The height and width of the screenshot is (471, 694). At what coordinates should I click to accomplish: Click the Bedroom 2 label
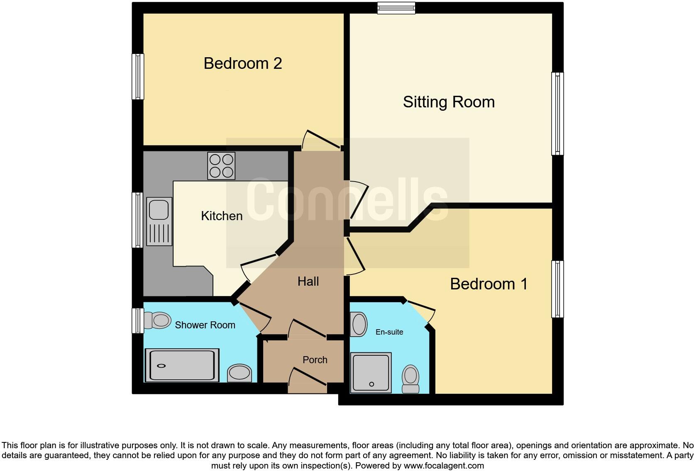click(x=243, y=63)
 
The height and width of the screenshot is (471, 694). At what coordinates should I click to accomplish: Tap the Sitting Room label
click(x=449, y=102)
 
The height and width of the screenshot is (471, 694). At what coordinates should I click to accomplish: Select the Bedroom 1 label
click(x=489, y=284)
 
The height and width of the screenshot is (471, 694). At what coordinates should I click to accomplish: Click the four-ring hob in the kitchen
click(x=221, y=166)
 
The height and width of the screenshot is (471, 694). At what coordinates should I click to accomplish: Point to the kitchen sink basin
click(x=159, y=209)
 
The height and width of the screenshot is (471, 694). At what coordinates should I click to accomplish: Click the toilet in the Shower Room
click(x=158, y=320)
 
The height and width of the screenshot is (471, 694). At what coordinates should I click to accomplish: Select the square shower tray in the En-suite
click(x=371, y=372)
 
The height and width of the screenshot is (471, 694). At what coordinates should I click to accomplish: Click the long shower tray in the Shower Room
click(x=182, y=365)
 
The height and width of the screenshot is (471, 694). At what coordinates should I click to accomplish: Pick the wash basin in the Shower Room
click(x=239, y=373)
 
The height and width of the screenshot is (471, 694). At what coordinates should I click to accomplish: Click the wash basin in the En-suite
click(x=359, y=324)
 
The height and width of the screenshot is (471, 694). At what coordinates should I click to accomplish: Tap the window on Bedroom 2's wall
click(x=138, y=77)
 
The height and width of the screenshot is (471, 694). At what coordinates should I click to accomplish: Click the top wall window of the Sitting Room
click(x=396, y=8)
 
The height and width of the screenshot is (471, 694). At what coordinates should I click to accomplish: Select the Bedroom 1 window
click(x=557, y=289)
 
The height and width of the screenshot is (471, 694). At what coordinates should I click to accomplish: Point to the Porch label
click(x=315, y=360)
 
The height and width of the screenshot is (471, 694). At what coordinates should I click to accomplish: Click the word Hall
click(x=308, y=282)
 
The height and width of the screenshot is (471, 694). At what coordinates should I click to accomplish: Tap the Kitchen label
click(x=222, y=216)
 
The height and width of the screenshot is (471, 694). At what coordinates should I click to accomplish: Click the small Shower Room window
click(x=138, y=320)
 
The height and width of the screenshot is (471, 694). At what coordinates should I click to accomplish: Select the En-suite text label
click(x=389, y=332)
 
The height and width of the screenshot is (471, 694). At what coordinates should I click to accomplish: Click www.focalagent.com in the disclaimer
click(x=444, y=466)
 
